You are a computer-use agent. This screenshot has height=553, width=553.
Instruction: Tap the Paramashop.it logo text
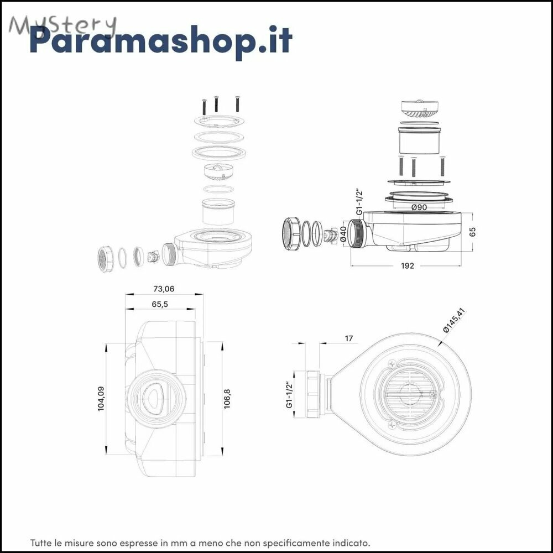[161, 40]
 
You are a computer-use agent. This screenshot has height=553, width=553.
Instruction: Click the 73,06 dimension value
[164, 289]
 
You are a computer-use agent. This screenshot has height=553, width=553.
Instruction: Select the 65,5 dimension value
[160, 304]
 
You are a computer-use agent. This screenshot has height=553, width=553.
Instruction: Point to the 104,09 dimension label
[101, 398]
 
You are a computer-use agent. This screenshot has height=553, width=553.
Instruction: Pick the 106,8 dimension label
[227, 399]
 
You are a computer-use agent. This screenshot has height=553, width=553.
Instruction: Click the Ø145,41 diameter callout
[454, 320]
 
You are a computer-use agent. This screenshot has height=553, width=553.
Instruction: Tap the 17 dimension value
[349, 338]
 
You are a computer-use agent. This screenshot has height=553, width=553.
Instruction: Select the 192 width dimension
[408, 265]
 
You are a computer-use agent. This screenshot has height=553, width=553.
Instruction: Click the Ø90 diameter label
[419, 207]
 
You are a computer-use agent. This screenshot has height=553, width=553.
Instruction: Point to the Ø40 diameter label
[342, 234]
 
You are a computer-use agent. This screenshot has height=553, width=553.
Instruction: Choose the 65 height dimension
[473, 232]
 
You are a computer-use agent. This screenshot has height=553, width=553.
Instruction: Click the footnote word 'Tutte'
[39, 542]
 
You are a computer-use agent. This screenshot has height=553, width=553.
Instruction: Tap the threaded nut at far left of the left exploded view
[105, 259]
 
